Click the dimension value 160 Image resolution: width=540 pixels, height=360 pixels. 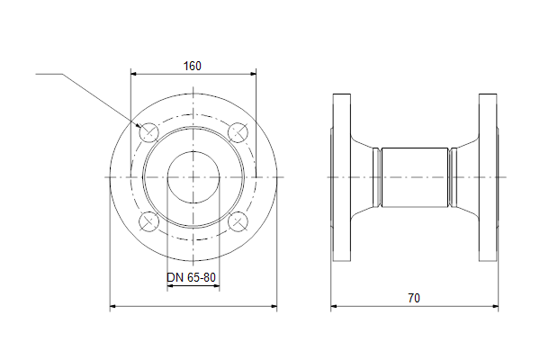(x=193, y=66)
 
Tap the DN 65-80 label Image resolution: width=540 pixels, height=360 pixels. (x=191, y=277)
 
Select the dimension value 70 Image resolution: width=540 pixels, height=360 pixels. (x=414, y=298)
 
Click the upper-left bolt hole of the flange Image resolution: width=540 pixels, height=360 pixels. (x=148, y=132)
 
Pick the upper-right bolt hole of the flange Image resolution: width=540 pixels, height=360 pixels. (x=238, y=132)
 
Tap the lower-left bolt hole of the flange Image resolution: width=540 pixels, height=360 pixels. (x=148, y=221)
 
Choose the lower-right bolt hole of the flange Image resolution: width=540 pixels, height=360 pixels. (x=238, y=221)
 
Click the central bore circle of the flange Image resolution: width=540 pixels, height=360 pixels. (x=193, y=152)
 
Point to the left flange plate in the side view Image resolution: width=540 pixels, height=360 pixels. (x=342, y=177)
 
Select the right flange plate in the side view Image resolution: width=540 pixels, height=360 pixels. (x=488, y=177)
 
